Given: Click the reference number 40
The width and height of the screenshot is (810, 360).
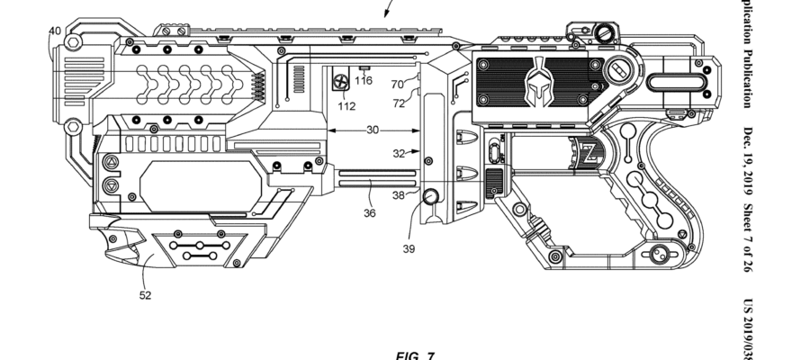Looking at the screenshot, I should (55, 31).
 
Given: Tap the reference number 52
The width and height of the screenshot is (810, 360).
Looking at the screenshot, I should (145, 294).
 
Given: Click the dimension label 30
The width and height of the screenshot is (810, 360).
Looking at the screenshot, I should (372, 130).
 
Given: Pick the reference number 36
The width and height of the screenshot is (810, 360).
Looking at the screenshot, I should (369, 213).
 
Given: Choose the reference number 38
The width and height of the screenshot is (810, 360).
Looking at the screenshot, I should (399, 195).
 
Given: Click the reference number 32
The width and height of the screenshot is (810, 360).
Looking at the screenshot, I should (400, 154).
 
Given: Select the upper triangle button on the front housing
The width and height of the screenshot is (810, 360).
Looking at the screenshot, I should (111, 163).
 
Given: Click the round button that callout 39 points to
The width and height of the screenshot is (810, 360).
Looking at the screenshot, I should (430, 196).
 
